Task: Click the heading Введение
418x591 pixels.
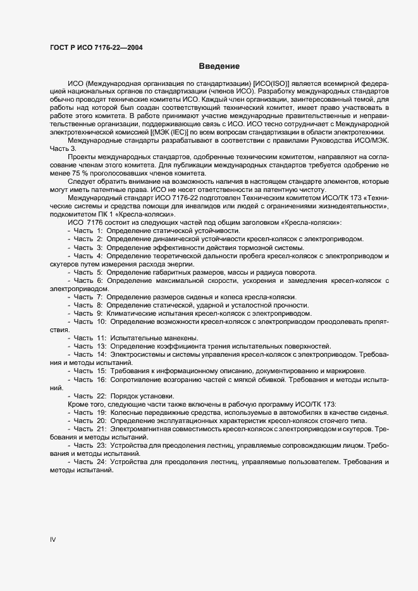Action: coord(219,66)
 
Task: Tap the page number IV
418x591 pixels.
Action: coord(54,540)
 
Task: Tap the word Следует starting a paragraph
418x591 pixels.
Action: coord(81,198)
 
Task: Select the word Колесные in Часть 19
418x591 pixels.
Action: coord(126,412)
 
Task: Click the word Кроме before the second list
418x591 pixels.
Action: coord(79,404)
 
